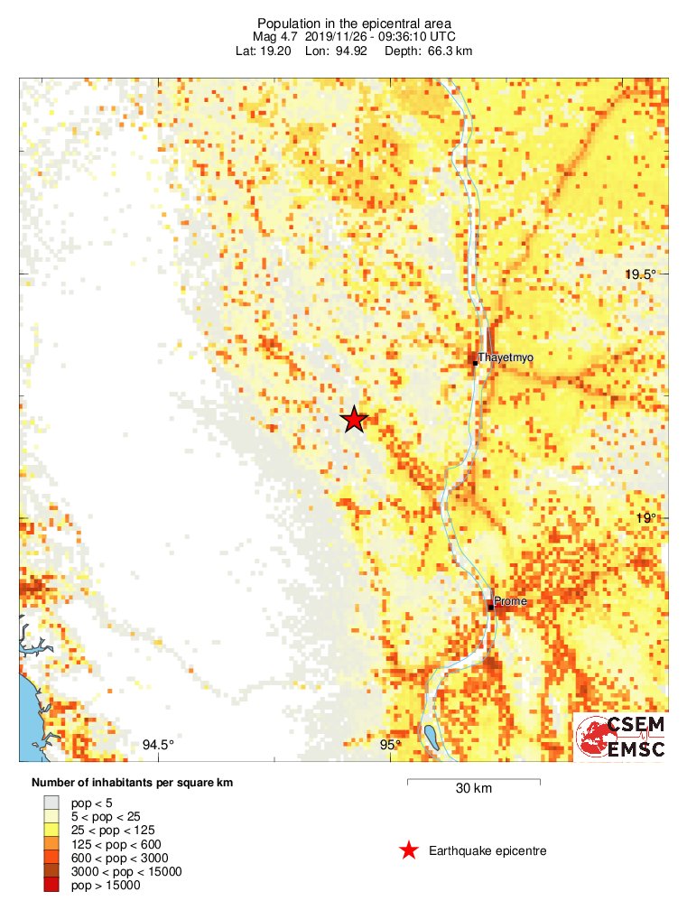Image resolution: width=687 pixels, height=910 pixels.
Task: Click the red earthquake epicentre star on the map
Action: point(354,420)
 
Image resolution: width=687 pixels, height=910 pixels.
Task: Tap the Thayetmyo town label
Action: point(506,357)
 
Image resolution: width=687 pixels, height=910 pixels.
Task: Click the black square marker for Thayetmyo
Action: point(474,363)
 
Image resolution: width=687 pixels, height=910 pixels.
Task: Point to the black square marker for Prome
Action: point(491,608)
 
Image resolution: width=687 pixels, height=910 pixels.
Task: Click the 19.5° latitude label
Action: point(644,274)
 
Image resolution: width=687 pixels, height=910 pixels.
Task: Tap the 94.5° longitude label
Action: point(158,745)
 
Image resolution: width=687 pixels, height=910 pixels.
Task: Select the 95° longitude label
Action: point(390,745)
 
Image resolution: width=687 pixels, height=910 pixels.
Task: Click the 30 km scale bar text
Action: point(473,788)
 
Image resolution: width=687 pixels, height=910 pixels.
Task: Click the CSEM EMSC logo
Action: point(621,737)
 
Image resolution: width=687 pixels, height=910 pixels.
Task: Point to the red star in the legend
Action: point(408,850)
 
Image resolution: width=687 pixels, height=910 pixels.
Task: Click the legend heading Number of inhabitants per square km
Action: point(132,783)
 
